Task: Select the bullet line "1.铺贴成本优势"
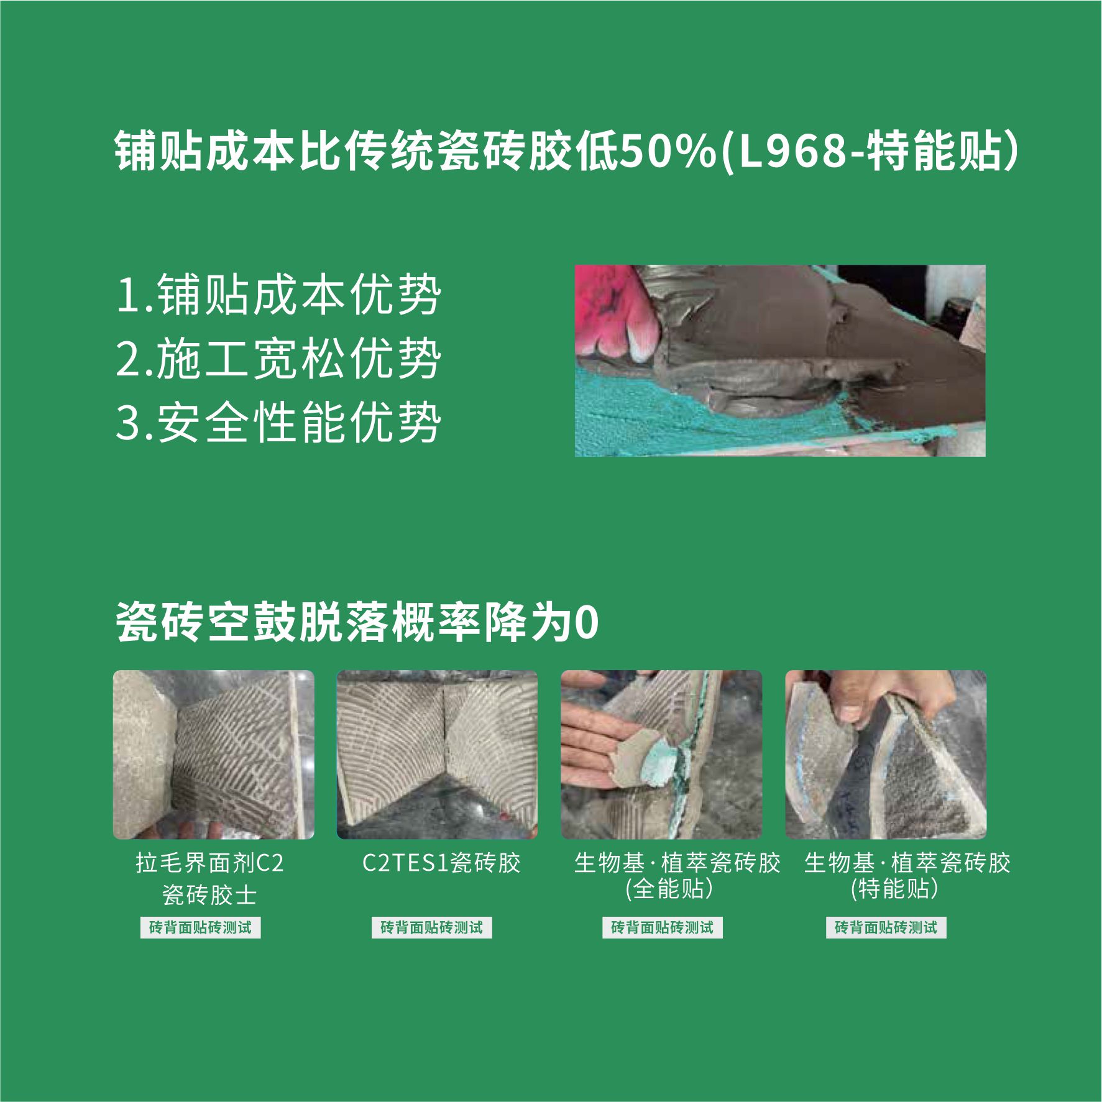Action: pyautogui.click(x=279, y=294)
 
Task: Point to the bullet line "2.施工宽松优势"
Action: pyautogui.click(x=279, y=359)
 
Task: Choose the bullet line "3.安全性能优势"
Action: pyautogui.click(x=279, y=423)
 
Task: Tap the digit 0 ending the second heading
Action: pyautogui.click(x=587, y=623)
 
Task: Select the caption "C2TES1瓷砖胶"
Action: pyautogui.click(x=442, y=863)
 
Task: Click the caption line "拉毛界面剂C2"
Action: pyautogui.click(x=210, y=863)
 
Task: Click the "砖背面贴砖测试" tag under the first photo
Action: pyautogui.click(x=200, y=928)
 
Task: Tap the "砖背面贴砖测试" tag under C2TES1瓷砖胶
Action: pyautogui.click(x=431, y=928)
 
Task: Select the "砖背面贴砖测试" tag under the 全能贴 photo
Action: pyautogui.click(x=663, y=928)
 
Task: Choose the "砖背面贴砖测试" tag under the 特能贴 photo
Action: pyautogui.click(x=886, y=928)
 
